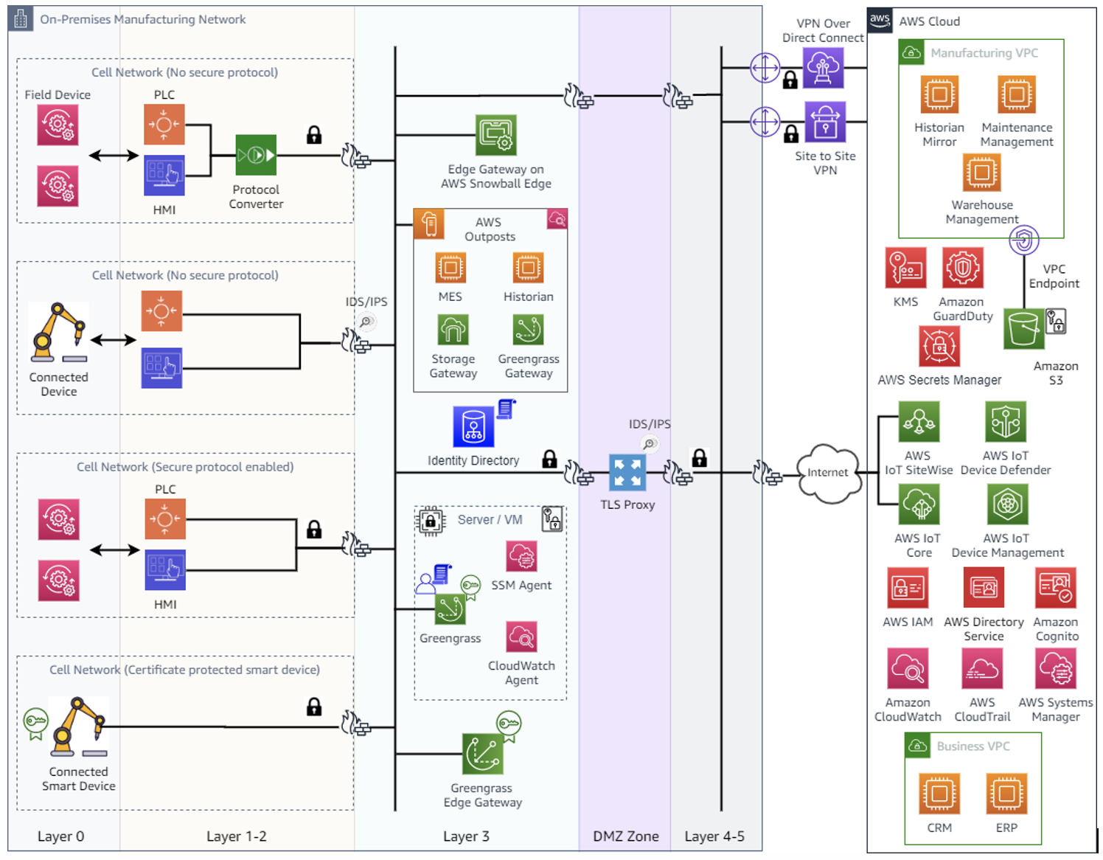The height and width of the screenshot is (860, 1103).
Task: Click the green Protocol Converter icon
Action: (256, 155)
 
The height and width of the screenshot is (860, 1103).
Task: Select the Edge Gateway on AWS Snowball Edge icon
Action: (495, 135)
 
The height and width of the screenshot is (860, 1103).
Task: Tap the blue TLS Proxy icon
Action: (627, 473)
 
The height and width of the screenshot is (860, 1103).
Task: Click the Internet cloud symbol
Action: (829, 473)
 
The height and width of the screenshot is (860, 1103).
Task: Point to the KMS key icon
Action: (905, 268)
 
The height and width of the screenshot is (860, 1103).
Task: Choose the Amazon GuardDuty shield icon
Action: (962, 268)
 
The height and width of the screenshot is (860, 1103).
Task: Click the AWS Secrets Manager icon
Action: (939, 346)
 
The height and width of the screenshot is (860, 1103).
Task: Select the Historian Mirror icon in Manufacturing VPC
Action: (939, 94)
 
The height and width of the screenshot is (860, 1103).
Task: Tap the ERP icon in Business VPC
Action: (1006, 794)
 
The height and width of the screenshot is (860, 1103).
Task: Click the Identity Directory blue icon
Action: (473, 426)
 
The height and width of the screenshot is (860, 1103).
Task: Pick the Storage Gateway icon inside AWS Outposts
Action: (453, 330)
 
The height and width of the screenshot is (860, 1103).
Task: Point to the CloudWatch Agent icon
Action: (521, 637)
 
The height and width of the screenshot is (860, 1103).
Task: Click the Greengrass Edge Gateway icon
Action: (482, 753)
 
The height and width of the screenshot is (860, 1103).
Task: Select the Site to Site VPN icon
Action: (825, 122)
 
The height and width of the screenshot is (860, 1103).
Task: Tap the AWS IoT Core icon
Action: (919, 504)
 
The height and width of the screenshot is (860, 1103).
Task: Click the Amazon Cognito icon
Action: (1056, 587)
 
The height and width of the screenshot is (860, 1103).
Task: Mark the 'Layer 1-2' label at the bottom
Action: (236, 836)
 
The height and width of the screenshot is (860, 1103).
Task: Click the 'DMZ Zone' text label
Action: (625, 836)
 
